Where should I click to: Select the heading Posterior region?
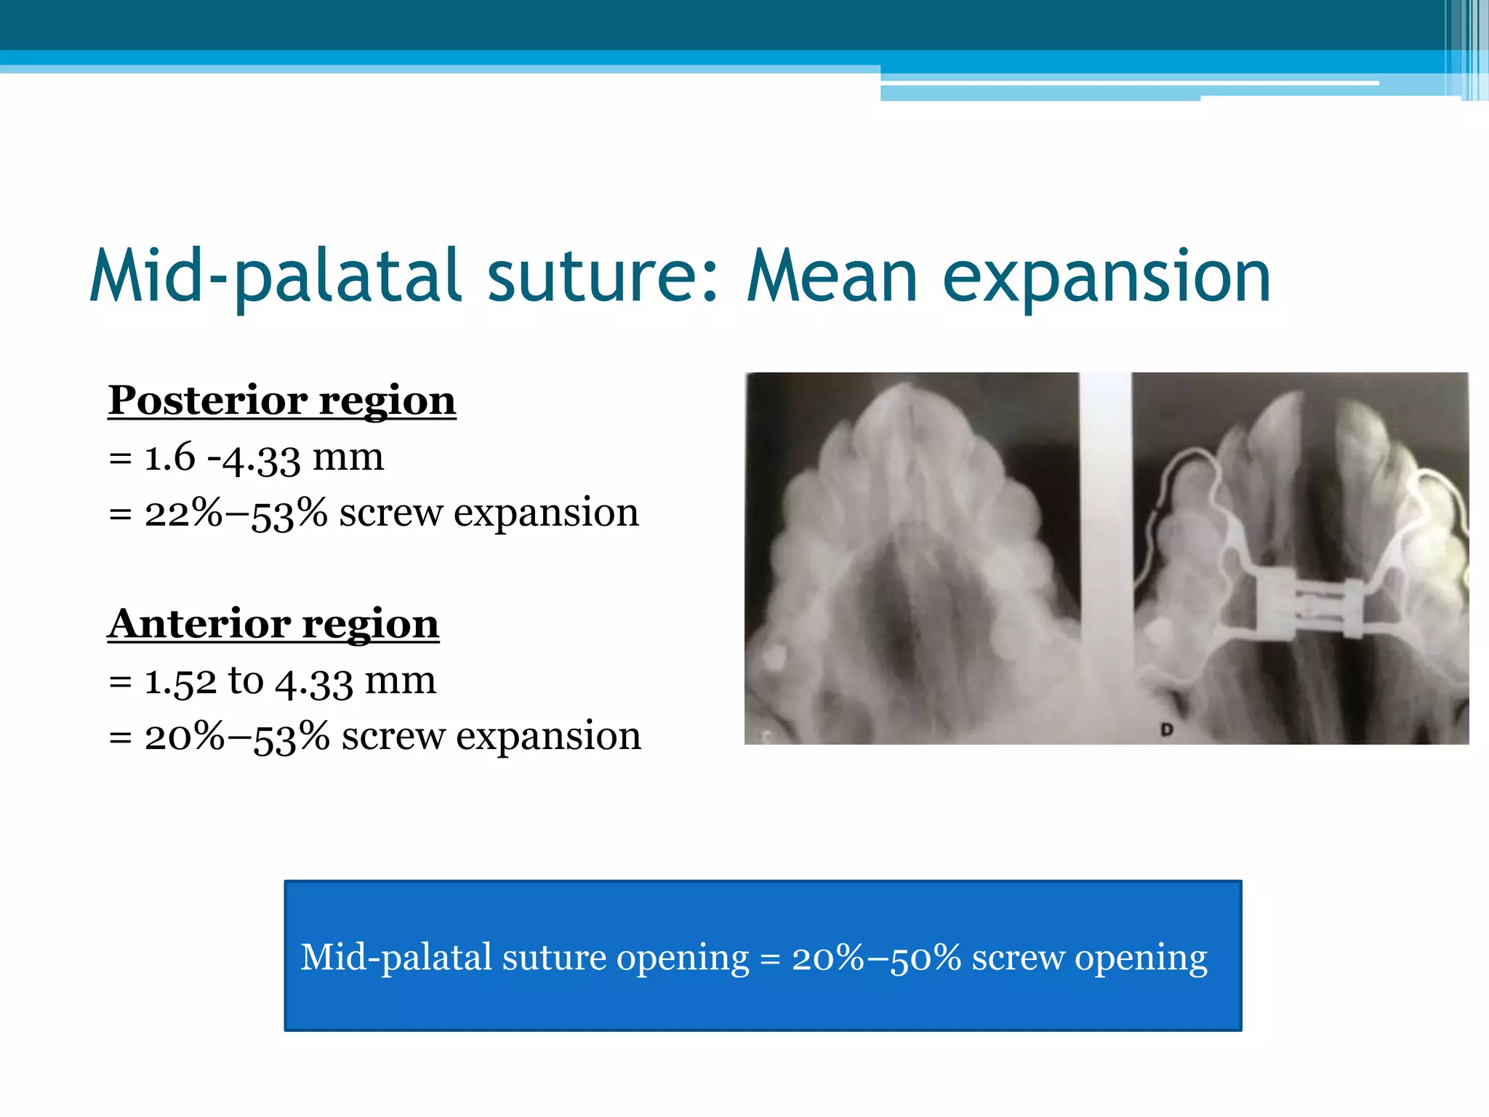[x=282, y=401]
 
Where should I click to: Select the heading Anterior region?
[x=273, y=624]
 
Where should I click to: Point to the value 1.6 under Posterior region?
[x=169, y=458]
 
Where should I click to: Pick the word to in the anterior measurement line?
[x=245, y=682]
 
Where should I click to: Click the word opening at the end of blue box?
[x=1141, y=958]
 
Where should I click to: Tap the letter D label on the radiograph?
[x=1167, y=729]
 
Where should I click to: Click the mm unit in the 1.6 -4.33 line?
[x=348, y=458]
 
